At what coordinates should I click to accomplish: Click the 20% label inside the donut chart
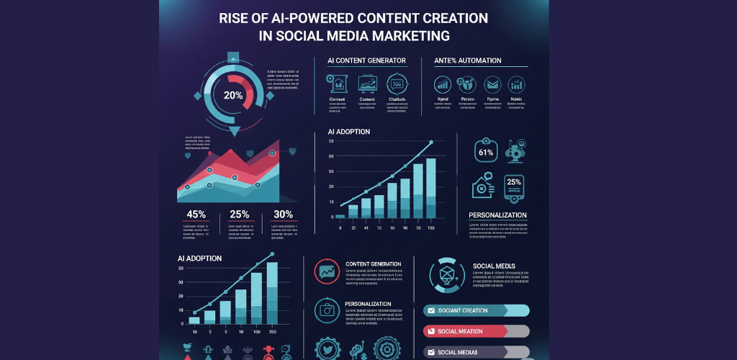[233, 95]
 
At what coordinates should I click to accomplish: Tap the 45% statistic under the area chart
[196, 214]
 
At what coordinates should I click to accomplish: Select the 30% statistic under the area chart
[283, 214]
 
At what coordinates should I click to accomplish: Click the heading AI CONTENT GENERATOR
[366, 60]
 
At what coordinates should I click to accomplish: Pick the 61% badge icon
[485, 152]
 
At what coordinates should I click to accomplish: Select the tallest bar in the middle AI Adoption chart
[430, 188]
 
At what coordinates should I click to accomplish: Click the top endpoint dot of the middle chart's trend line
[431, 143]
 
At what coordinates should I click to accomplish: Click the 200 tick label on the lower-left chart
[272, 332]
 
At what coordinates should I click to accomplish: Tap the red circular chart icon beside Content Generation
[327, 271]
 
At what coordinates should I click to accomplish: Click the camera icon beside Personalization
[327, 310]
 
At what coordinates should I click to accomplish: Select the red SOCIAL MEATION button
[476, 331]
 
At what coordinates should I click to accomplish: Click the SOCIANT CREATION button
[476, 310]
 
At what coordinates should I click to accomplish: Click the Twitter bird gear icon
[327, 348]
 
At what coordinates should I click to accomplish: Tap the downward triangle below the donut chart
[234, 131]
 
